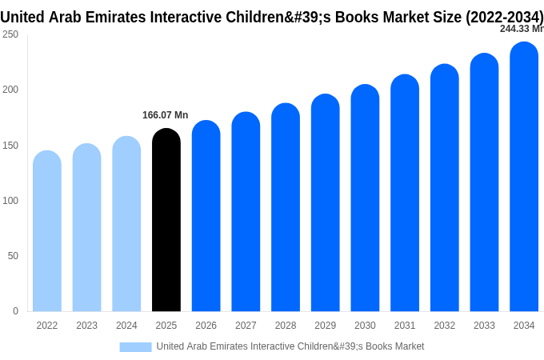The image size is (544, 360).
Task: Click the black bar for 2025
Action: pyautogui.click(x=166, y=219)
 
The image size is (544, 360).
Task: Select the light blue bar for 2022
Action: pyautogui.click(x=47, y=230)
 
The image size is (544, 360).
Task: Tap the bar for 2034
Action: pyautogui.click(x=524, y=177)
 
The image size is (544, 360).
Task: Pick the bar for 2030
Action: pyautogui.click(x=365, y=198)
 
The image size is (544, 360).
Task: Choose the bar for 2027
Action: pyautogui.click(x=246, y=211)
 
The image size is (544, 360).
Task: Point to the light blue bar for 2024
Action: pyautogui.click(x=126, y=224)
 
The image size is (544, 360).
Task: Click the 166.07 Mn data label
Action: pyautogui.click(x=165, y=115)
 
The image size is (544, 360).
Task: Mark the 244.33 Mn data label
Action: pyautogui.click(x=522, y=29)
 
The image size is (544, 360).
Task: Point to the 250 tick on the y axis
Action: pyautogui.click(x=10, y=34)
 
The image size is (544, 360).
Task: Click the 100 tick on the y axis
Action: pyautogui.click(x=10, y=201)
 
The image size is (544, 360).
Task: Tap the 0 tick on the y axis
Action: pyautogui.click(x=16, y=310)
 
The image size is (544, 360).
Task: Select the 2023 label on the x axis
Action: pyautogui.click(x=86, y=326)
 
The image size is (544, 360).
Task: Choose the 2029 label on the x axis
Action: pyautogui.click(x=325, y=326)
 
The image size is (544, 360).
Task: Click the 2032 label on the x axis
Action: pyautogui.click(x=445, y=326)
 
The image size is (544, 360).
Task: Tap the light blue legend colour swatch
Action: pyautogui.click(x=136, y=347)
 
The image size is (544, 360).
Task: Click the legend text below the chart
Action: pyautogui.click(x=290, y=346)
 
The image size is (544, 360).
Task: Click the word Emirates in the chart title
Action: pyautogui.click(x=115, y=17)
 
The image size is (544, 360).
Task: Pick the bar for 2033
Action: pyautogui.click(x=484, y=182)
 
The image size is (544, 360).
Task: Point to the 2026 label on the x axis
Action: pyautogui.click(x=206, y=326)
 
